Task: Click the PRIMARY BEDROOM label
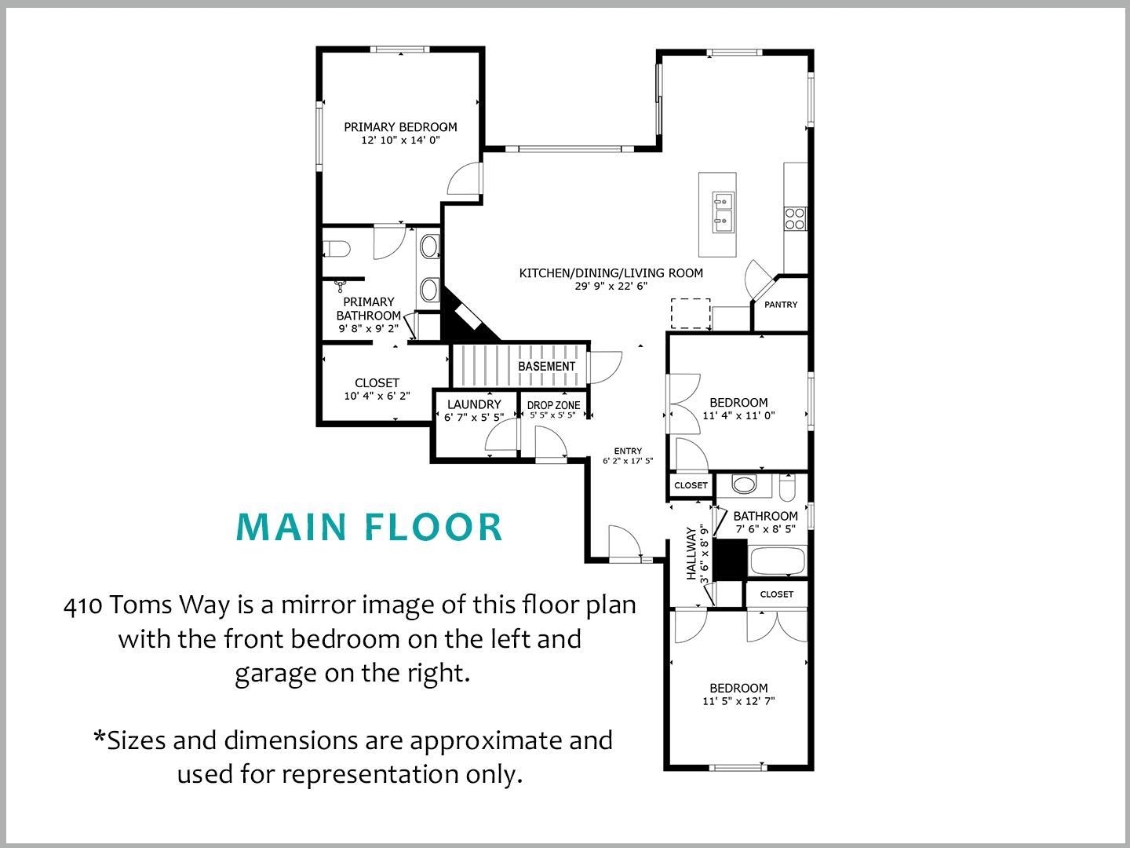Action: (x=400, y=127)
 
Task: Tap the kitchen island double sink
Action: (x=723, y=212)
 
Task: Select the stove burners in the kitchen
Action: (x=794, y=217)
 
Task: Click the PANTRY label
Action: (x=781, y=305)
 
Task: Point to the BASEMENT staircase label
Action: (x=546, y=367)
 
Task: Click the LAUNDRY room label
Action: (x=474, y=404)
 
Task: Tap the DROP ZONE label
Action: (x=553, y=405)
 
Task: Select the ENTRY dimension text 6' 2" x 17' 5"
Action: (x=628, y=462)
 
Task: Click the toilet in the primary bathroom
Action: (x=336, y=249)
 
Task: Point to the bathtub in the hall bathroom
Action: (x=777, y=561)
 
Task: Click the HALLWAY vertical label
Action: (x=691, y=554)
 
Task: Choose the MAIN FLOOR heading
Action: (x=369, y=527)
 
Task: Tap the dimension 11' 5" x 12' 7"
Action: (x=738, y=701)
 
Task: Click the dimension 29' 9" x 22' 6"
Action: (x=611, y=287)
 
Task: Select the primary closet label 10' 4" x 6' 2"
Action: (x=377, y=397)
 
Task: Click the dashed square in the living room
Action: (x=691, y=313)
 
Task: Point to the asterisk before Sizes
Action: (x=99, y=737)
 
